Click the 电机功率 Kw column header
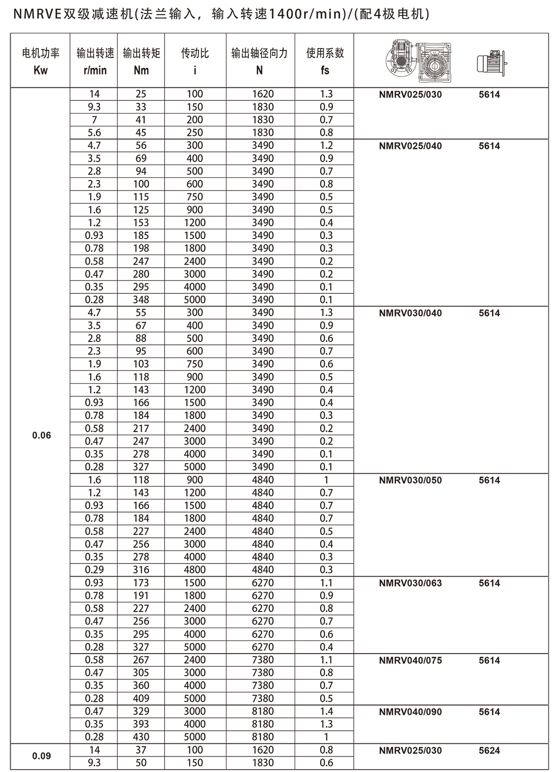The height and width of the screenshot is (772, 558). tap(41, 61)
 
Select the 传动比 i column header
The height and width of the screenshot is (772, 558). tap(195, 61)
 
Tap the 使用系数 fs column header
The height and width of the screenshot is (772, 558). tap(325, 61)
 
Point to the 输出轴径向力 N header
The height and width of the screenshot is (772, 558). tap(259, 61)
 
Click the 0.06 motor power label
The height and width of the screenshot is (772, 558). tap(41, 435)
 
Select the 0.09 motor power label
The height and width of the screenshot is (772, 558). tap(41, 756)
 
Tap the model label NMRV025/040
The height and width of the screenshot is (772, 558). tap(410, 146)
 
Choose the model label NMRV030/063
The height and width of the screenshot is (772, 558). tap(410, 583)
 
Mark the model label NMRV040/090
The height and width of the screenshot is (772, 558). tap(410, 712)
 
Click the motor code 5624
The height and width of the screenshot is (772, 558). tap(489, 750)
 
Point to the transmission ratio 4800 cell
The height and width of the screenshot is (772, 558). tap(195, 570)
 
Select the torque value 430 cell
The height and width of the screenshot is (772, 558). tap(141, 737)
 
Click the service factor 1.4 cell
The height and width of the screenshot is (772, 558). tap(327, 711)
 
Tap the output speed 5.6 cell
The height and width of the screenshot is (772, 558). tap(94, 132)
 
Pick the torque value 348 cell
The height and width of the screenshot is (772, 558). tap(141, 300)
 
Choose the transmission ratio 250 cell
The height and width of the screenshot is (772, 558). tap(195, 132)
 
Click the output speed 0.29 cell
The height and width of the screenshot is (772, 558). tap(94, 570)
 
